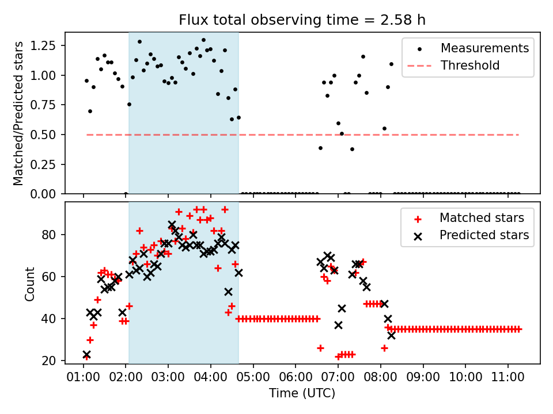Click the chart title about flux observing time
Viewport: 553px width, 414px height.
pos(302,21)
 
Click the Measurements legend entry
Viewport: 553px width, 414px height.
pos(484,48)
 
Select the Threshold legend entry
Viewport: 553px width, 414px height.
pos(470,66)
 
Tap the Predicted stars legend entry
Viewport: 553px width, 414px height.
pos(484,235)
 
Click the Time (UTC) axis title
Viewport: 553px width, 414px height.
pos(302,394)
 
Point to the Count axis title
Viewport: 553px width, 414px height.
pos(30,283)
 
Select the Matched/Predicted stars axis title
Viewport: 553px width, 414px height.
pos(18,113)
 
